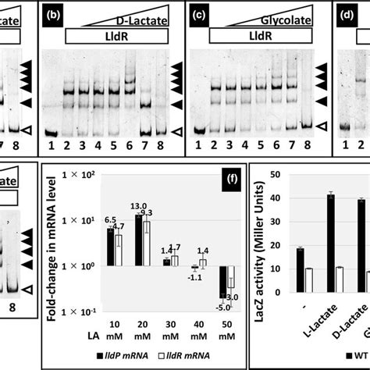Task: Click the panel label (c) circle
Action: tap(197, 14)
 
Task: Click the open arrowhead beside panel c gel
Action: tap(322, 125)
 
